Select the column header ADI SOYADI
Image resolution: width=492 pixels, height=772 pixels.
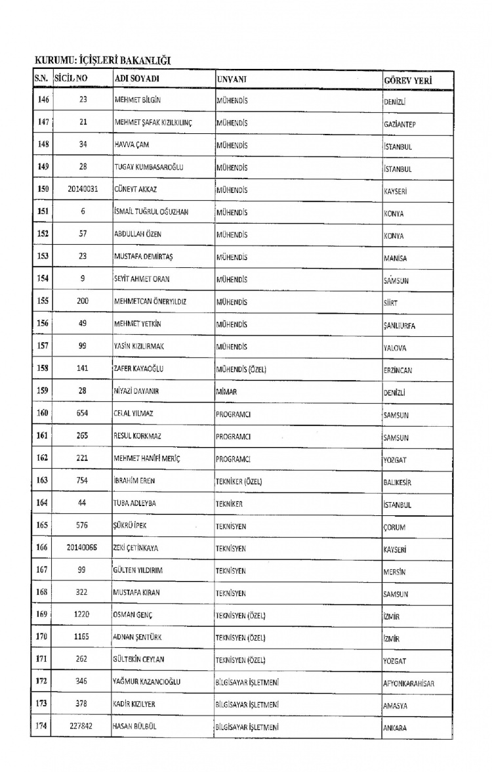click(137, 79)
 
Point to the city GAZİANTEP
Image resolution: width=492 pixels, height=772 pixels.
click(402, 124)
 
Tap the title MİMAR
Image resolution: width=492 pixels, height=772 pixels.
click(226, 392)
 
